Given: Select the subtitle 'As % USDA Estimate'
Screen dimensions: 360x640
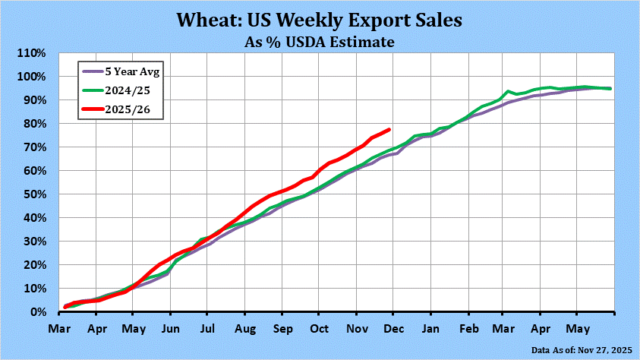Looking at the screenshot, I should (x=320, y=42).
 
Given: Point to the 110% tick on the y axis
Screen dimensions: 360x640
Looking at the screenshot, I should (x=33, y=53).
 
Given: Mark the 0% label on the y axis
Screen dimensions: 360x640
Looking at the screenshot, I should (x=39, y=312).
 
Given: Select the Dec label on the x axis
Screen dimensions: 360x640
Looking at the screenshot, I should (x=393, y=330).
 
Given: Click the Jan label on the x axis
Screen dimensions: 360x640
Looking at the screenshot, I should (x=430, y=330).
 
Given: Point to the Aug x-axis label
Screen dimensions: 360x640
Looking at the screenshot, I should (x=244, y=330).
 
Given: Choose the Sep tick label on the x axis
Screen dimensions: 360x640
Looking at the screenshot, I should (x=282, y=330).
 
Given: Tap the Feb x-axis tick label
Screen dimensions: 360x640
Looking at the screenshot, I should (x=468, y=330).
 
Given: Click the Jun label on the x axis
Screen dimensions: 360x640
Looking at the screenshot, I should (x=170, y=330).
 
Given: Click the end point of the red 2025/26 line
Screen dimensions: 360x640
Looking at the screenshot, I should (x=389, y=129).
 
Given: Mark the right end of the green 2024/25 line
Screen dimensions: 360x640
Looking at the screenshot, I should (x=611, y=89).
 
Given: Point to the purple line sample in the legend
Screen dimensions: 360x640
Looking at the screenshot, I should (x=96, y=72).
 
